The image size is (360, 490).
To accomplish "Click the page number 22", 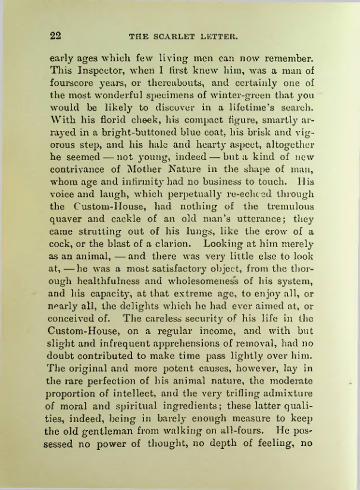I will [56, 36].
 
